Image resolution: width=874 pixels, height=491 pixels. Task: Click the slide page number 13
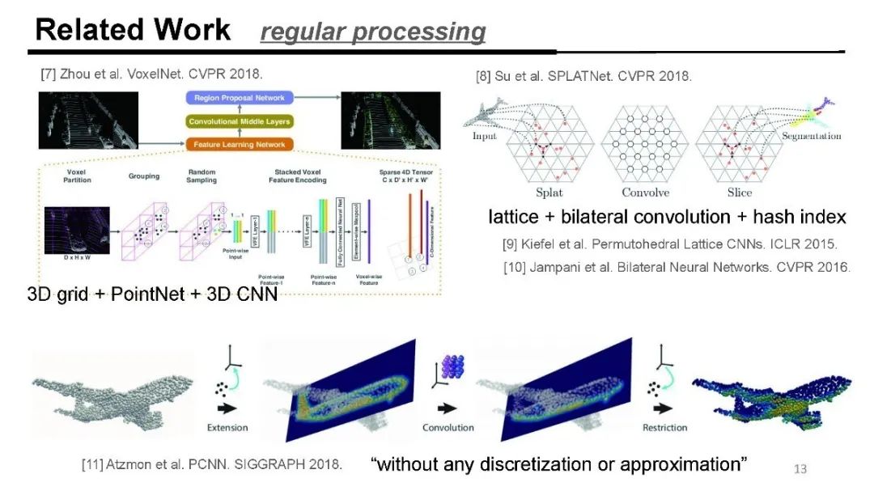[800, 469]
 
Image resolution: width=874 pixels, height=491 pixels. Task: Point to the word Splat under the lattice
[549, 193]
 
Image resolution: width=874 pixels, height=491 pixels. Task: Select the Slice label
[739, 193]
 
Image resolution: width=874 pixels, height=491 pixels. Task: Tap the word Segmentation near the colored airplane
[811, 136]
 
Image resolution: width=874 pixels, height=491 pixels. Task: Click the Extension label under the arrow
[227, 427]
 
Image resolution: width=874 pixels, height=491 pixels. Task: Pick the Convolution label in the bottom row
[448, 427]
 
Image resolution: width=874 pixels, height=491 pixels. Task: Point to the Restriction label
[664, 427]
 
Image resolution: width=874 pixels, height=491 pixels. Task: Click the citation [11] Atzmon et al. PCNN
[211, 465]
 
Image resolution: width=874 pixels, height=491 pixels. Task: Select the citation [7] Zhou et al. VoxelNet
[151, 74]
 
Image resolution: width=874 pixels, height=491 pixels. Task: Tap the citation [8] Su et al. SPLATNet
[583, 77]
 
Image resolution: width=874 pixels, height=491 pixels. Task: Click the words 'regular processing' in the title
[372, 32]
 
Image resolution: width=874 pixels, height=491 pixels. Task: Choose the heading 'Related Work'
[133, 30]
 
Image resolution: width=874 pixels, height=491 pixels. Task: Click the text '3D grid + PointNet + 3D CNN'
[152, 294]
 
